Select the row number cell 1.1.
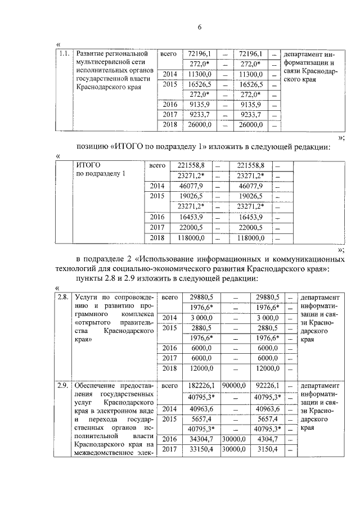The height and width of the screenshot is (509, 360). pyautogui.click(x=64, y=55)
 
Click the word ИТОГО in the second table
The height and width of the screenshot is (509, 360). pyautogui.click(x=88, y=165)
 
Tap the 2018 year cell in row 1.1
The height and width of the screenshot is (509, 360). pyautogui.click(x=170, y=125)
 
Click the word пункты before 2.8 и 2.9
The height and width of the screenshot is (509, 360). pyautogui.click(x=90, y=279)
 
